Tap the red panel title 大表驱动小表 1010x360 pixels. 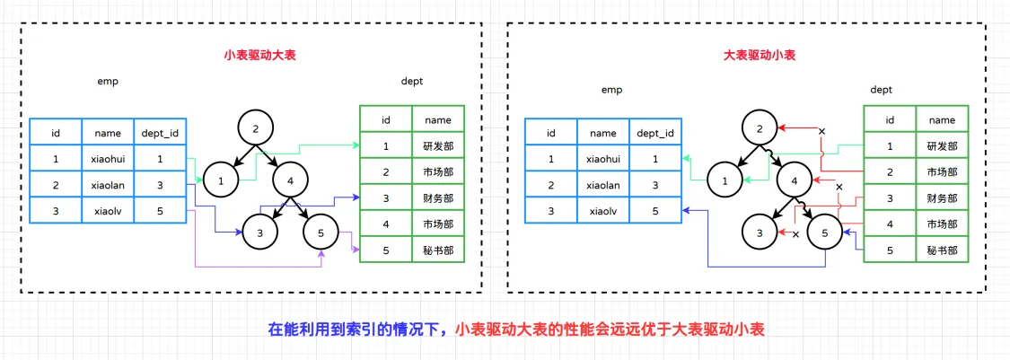pyautogui.click(x=760, y=56)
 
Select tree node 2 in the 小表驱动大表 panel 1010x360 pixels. pyautogui.click(x=256, y=128)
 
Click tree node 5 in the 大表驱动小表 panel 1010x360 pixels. pyautogui.click(x=825, y=233)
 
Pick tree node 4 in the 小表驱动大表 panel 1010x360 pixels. pyautogui.click(x=291, y=181)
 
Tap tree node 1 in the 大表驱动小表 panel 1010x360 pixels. pyautogui.click(x=725, y=181)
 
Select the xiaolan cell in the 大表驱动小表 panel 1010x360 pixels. pyautogui.click(x=603, y=185)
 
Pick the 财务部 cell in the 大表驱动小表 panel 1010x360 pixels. pyautogui.click(x=943, y=198)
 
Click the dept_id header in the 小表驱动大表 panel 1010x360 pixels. pyautogui.click(x=160, y=133)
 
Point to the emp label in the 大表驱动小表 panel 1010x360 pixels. pyautogui.click(x=611, y=90)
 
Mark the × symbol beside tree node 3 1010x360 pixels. pyautogui.click(x=795, y=233)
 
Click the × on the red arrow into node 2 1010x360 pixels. pyautogui.click(x=821, y=131)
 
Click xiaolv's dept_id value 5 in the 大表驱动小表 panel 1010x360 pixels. pyautogui.click(x=655, y=211)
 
